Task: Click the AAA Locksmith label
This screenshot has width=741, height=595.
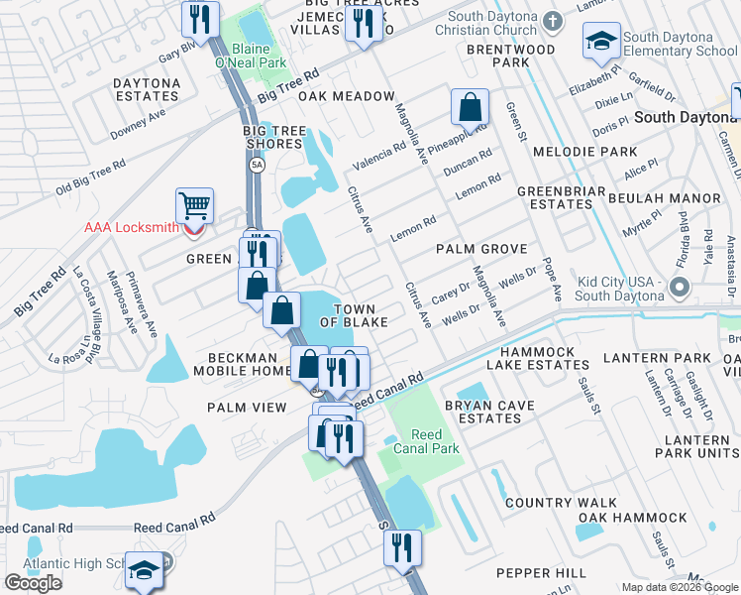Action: (x=131, y=227)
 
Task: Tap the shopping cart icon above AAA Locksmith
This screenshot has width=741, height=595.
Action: (x=195, y=206)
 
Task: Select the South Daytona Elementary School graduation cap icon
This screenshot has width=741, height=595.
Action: (x=600, y=41)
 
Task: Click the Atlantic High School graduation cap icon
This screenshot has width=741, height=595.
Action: (x=145, y=572)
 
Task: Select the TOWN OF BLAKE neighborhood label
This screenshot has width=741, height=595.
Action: (x=354, y=315)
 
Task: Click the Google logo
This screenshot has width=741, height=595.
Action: (x=33, y=583)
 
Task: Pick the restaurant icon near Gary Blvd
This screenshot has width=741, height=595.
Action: (x=200, y=18)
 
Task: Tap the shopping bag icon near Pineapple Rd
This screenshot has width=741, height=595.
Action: (x=471, y=105)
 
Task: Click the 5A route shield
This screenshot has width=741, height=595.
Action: (x=258, y=166)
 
